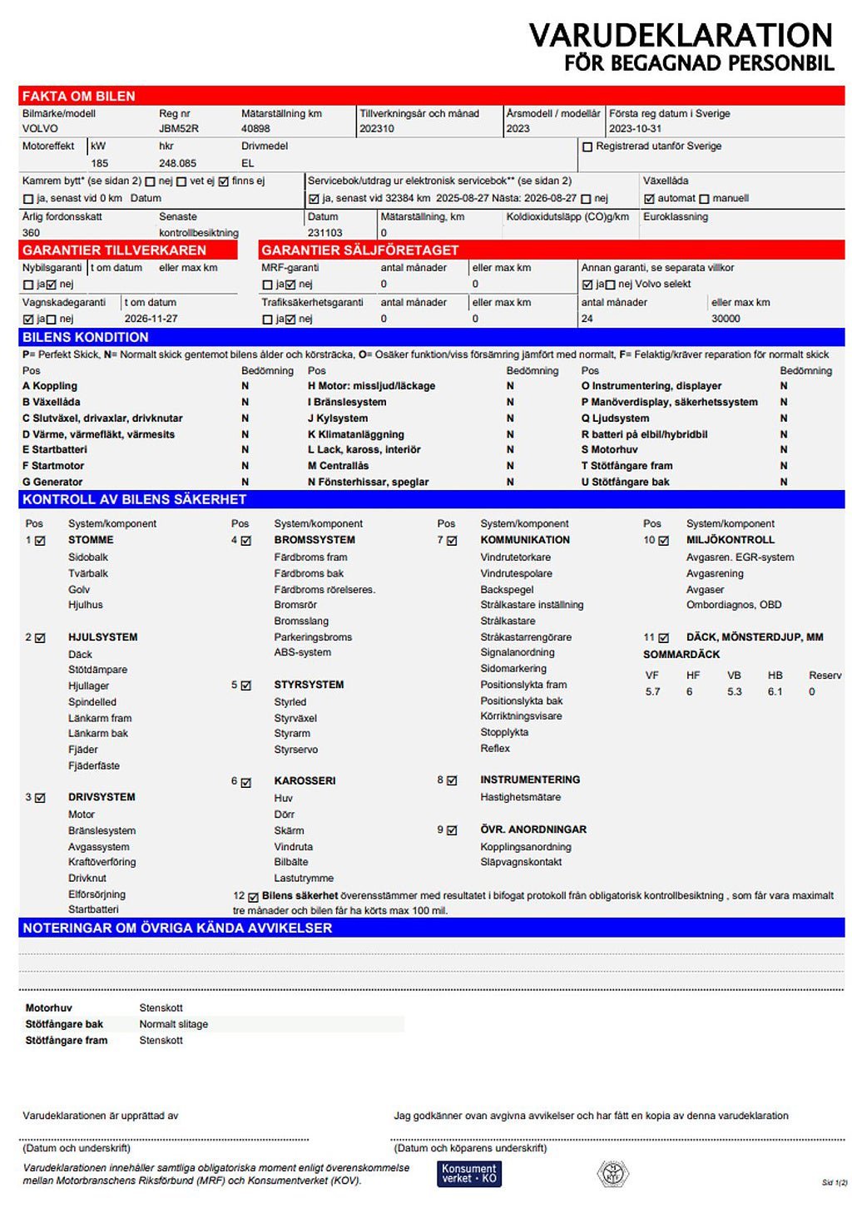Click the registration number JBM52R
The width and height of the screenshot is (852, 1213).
[179, 129]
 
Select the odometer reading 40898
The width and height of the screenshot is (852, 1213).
[255, 129]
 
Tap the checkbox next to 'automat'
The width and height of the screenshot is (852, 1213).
[649, 199]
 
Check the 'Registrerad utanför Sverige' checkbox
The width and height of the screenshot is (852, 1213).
[587, 147]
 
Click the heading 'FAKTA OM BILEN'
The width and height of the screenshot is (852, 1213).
[78, 97]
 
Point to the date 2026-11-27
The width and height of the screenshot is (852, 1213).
[151, 319]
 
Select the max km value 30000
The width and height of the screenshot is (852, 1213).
[726, 319]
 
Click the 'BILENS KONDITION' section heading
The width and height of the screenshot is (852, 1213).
[85, 337]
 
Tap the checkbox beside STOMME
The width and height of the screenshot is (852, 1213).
[40, 541]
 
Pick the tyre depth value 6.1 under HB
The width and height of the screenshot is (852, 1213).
[775, 692]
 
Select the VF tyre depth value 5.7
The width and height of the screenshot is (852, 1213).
[652, 692]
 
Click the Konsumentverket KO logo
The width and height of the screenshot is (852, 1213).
[469, 1173]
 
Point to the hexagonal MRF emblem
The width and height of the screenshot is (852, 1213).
[612, 1173]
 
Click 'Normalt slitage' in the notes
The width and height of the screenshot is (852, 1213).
[173, 1024]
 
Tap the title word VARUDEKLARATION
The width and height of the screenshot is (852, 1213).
[681, 35]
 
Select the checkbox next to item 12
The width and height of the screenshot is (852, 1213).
[253, 897]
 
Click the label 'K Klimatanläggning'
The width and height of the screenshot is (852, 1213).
[355, 434]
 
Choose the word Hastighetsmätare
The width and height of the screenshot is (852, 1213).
[520, 797]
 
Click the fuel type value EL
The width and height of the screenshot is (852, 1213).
[247, 164]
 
